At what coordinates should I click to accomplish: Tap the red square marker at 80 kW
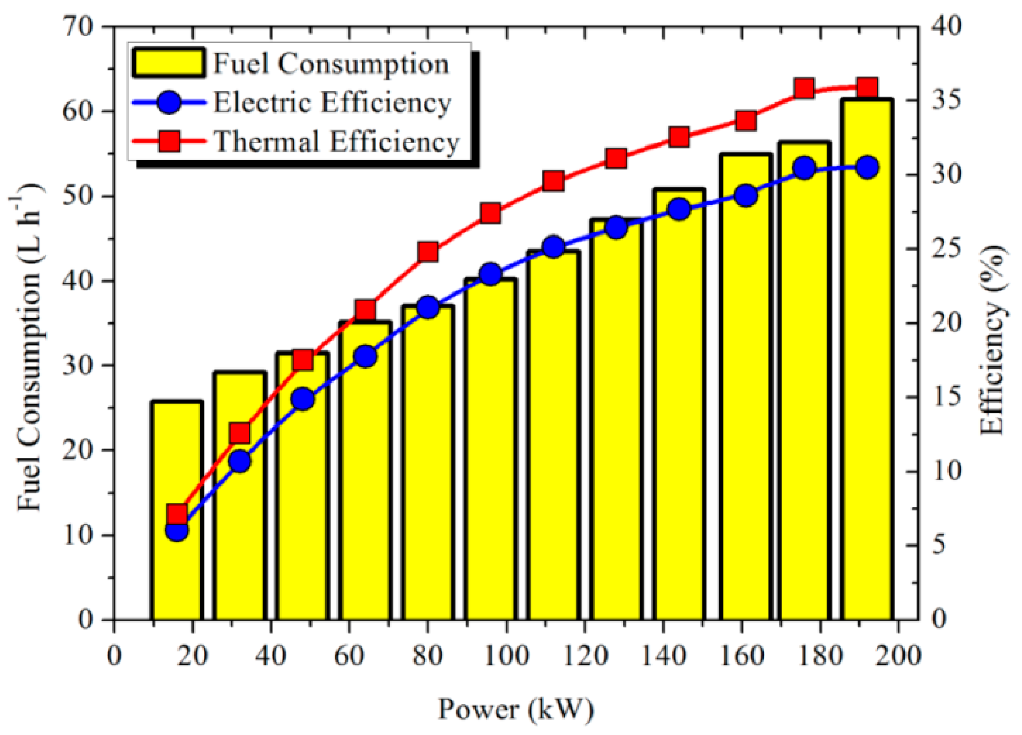(428, 252)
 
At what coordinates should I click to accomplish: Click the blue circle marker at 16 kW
(176, 531)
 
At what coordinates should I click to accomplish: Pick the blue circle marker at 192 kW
(867, 168)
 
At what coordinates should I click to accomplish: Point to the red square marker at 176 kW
(804, 89)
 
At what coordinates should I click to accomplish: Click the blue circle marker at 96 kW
(491, 274)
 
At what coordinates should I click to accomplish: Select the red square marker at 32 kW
(240, 433)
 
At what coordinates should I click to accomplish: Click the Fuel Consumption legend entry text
(331, 64)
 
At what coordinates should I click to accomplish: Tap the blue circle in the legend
(169, 102)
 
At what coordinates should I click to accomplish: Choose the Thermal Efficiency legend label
(336, 141)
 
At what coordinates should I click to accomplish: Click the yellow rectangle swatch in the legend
(168, 63)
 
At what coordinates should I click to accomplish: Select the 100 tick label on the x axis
(506, 656)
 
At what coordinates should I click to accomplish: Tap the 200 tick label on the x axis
(899, 656)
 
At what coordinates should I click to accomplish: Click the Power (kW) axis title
(516, 709)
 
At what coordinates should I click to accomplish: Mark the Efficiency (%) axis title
(993, 342)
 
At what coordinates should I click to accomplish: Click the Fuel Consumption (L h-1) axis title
(28, 347)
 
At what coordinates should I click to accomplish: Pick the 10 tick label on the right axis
(946, 471)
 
